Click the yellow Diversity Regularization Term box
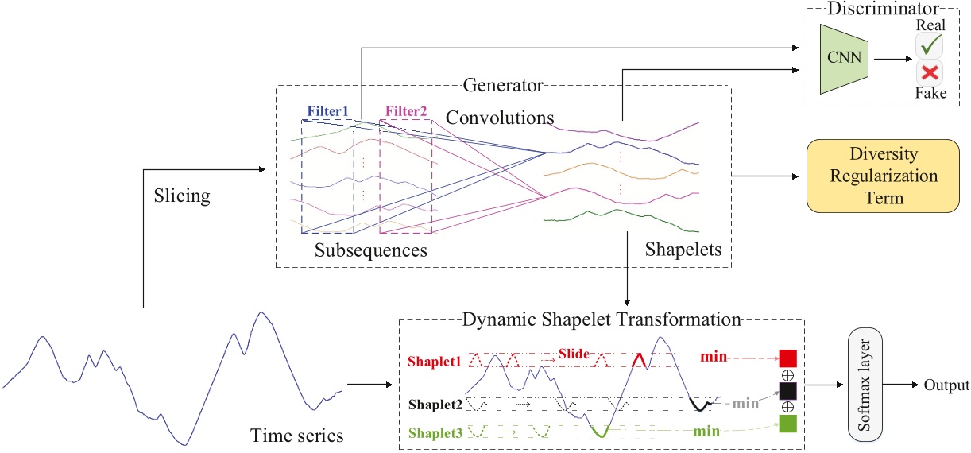872,176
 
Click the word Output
946,385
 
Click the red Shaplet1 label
434,360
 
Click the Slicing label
182,195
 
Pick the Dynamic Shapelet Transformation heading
601,320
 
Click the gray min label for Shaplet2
745,403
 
